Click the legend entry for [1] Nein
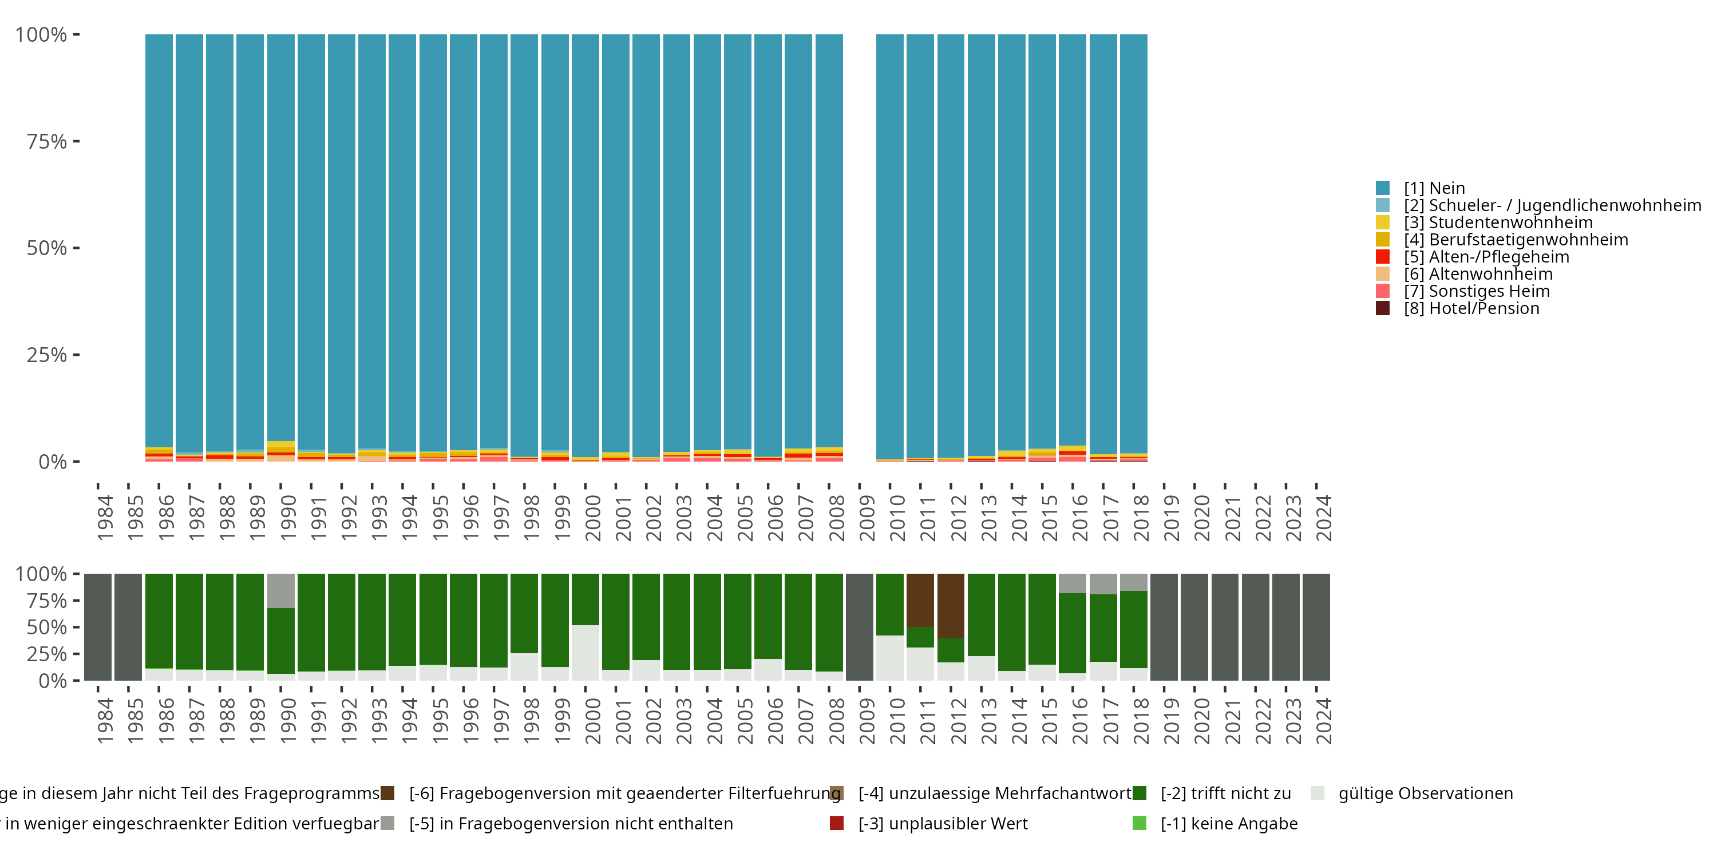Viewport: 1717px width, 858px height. (x=1434, y=188)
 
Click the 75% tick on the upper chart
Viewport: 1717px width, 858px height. (x=47, y=141)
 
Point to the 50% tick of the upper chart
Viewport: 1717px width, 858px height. (x=47, y=248)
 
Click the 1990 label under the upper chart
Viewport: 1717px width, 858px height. (x=288, y=518)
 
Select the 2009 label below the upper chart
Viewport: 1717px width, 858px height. (x=867, y=518)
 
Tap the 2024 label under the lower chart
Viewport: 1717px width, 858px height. (x=1323, y=721)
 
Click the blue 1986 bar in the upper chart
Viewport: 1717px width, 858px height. (x=159, y=240)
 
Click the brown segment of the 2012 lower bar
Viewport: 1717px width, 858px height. (x=951, y=605)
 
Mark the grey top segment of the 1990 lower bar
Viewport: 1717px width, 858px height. (x=280, y=590)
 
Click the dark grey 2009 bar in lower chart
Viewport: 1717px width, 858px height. (x=859, y=626)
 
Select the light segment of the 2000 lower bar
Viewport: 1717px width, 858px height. (x=585, y=652)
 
